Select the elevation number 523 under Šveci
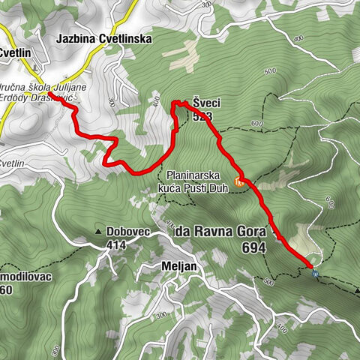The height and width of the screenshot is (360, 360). [202, 116]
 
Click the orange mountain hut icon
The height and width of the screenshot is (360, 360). [239, 181]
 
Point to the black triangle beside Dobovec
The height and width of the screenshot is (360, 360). [98, 231]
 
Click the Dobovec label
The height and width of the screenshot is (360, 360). [128, 232]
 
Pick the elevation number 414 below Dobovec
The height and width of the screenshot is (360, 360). [117, 244]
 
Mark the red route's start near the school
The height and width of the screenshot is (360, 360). [61, 94]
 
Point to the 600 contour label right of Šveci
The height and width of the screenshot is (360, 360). [258, 122]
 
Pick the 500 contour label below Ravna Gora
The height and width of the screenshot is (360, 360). [269, 282]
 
